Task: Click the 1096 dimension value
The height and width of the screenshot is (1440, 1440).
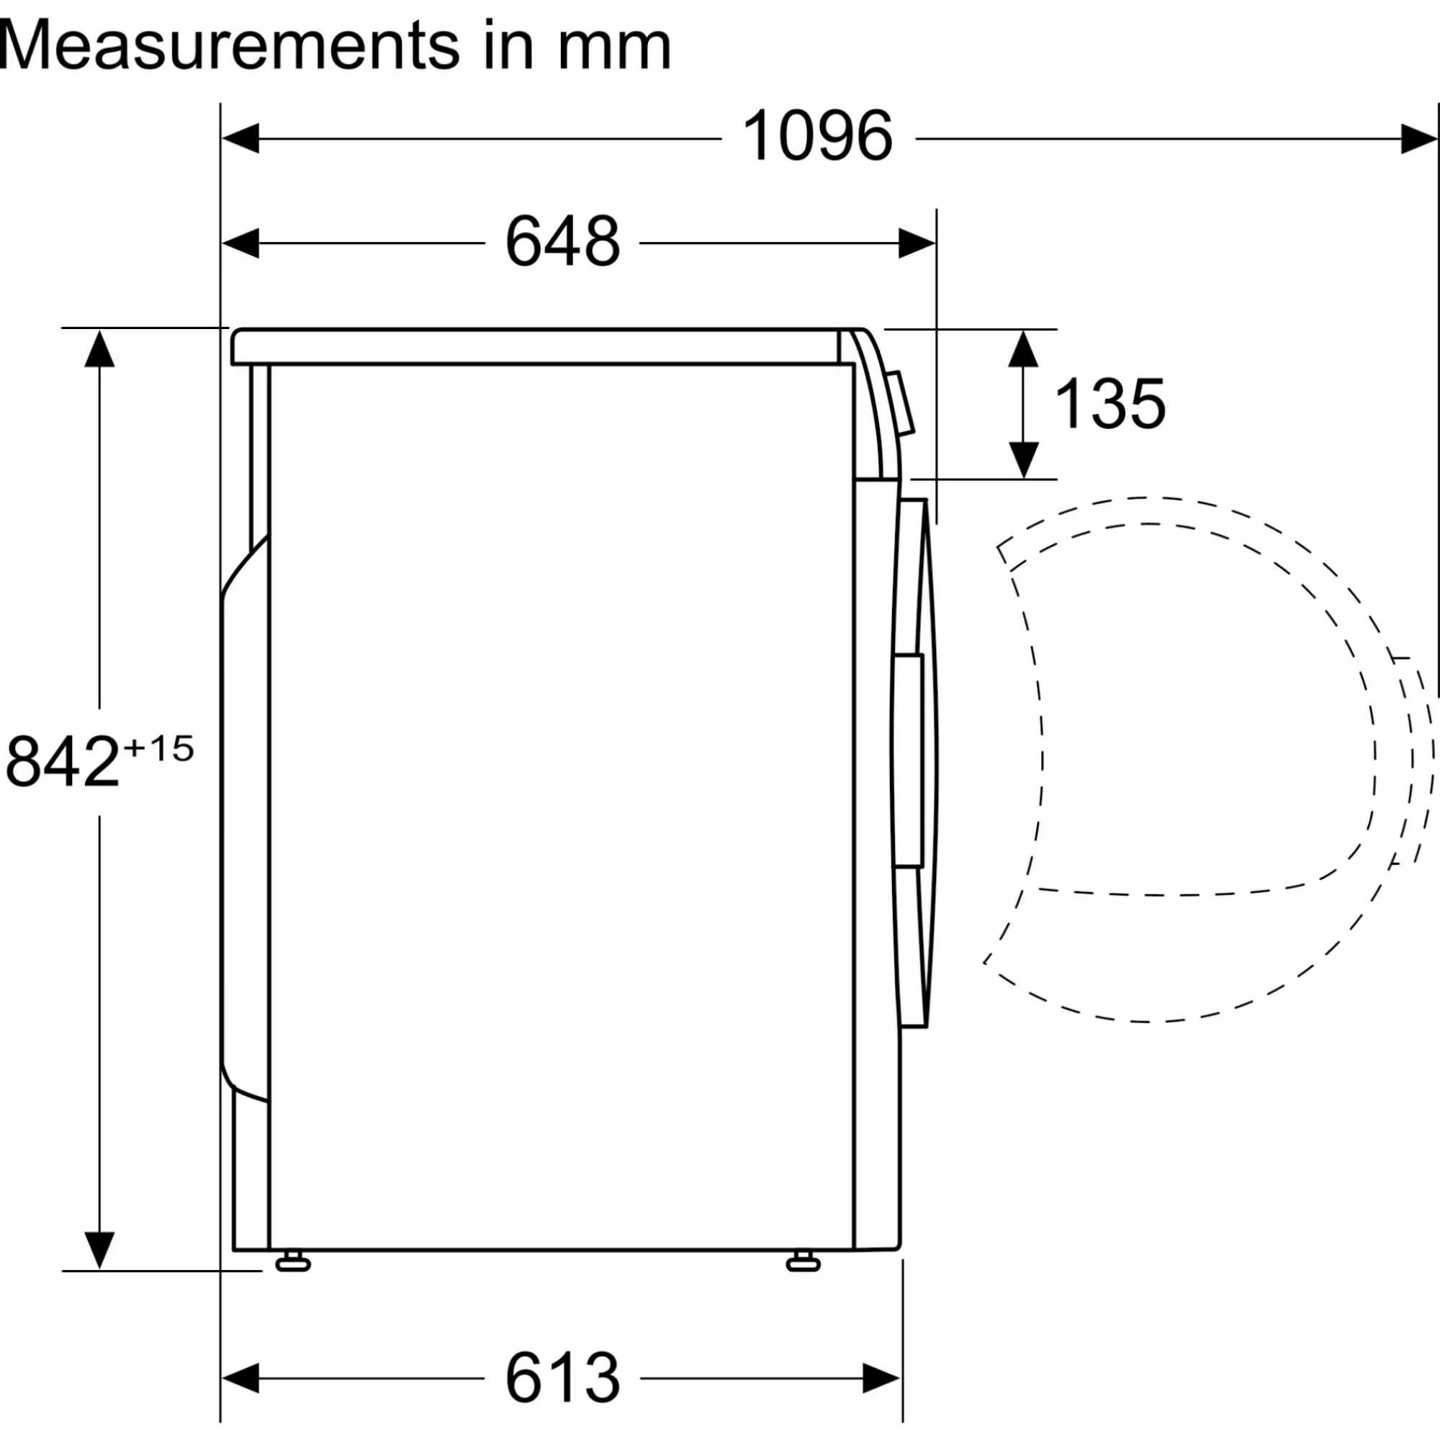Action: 818,135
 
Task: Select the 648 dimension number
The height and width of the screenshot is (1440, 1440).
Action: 563,240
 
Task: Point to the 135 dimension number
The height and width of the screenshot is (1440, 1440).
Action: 1110,403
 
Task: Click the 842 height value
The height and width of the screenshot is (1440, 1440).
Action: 63,761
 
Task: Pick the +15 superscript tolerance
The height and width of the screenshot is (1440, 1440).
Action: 158,748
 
